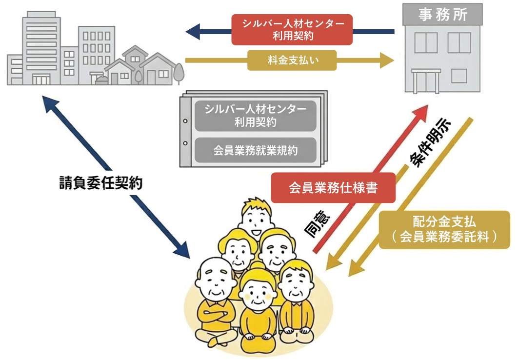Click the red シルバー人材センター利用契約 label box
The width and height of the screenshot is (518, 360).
coord(292,29)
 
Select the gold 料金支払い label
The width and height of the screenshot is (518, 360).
coord(292,60)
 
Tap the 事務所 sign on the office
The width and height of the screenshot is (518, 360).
coord(442,15)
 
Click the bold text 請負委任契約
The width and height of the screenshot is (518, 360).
coord(98,183)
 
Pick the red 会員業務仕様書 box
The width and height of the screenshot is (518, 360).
coord(333,188)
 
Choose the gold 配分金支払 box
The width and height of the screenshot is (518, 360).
coord(444,229)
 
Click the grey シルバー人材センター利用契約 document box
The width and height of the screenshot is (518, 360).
coord(256,116)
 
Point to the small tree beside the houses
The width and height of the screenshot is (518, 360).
coord(179,73)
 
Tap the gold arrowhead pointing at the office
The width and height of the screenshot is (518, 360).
coord(386,60)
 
